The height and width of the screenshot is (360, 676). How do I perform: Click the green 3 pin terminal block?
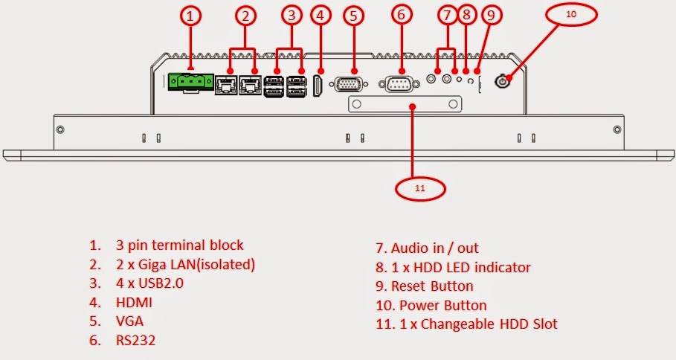coord(191,82)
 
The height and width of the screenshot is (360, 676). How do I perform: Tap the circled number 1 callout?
coord(190,16)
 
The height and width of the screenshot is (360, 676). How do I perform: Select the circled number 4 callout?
coord(320,16)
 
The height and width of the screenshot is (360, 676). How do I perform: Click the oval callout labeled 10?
coord(571,15)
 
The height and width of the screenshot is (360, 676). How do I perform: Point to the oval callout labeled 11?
coord(420,188)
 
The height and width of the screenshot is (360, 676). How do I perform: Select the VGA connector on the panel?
coord(349,84)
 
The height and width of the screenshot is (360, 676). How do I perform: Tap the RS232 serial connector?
coord(399,84)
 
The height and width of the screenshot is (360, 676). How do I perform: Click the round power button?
coord(501,81)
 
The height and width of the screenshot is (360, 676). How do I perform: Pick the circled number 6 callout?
coord(402,15)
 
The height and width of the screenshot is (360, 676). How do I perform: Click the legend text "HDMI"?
coord(134,303)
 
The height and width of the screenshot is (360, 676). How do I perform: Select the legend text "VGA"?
coord(129,321)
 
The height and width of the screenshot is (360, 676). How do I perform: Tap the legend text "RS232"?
coord(135,341)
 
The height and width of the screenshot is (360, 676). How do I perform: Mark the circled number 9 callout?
coord(491,16)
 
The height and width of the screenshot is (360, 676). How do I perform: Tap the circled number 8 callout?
coord(466,15)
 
